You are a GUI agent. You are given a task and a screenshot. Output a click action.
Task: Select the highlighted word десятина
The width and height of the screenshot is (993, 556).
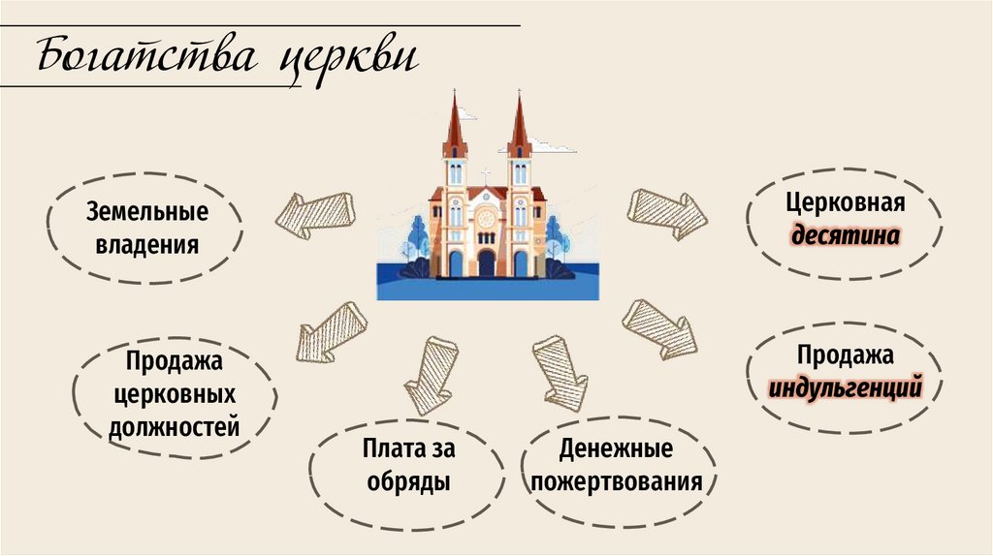click(x=846, y=235)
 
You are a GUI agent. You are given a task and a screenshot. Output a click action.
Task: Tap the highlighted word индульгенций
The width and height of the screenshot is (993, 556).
click(x=845, y=390)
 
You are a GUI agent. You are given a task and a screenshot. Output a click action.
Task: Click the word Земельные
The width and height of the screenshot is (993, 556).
click(x=146, y=211)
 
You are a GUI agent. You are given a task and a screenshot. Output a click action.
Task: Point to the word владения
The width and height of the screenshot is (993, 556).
click(x=146, y=243)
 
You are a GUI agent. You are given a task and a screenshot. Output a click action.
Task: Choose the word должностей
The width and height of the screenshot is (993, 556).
click(x=175, y=426)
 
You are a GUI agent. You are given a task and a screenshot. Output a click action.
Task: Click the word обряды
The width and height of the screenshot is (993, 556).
click(x=407, y=481)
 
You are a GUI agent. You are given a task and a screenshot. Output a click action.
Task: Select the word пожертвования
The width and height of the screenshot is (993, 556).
click(x=616, y=481)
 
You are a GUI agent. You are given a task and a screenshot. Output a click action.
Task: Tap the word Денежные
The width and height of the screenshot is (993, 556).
click(x=616, y=448)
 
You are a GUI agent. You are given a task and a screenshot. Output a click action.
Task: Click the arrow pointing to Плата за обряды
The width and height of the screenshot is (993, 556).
click(x=431, y=374)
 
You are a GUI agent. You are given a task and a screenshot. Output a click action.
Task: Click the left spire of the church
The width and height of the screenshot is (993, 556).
click(x=455, y=126)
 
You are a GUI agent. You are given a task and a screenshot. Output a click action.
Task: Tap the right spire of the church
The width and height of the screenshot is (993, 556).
click(x=519, y=126)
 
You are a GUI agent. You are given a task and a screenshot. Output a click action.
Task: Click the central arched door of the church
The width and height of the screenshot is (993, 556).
click(x=486, y=263)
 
